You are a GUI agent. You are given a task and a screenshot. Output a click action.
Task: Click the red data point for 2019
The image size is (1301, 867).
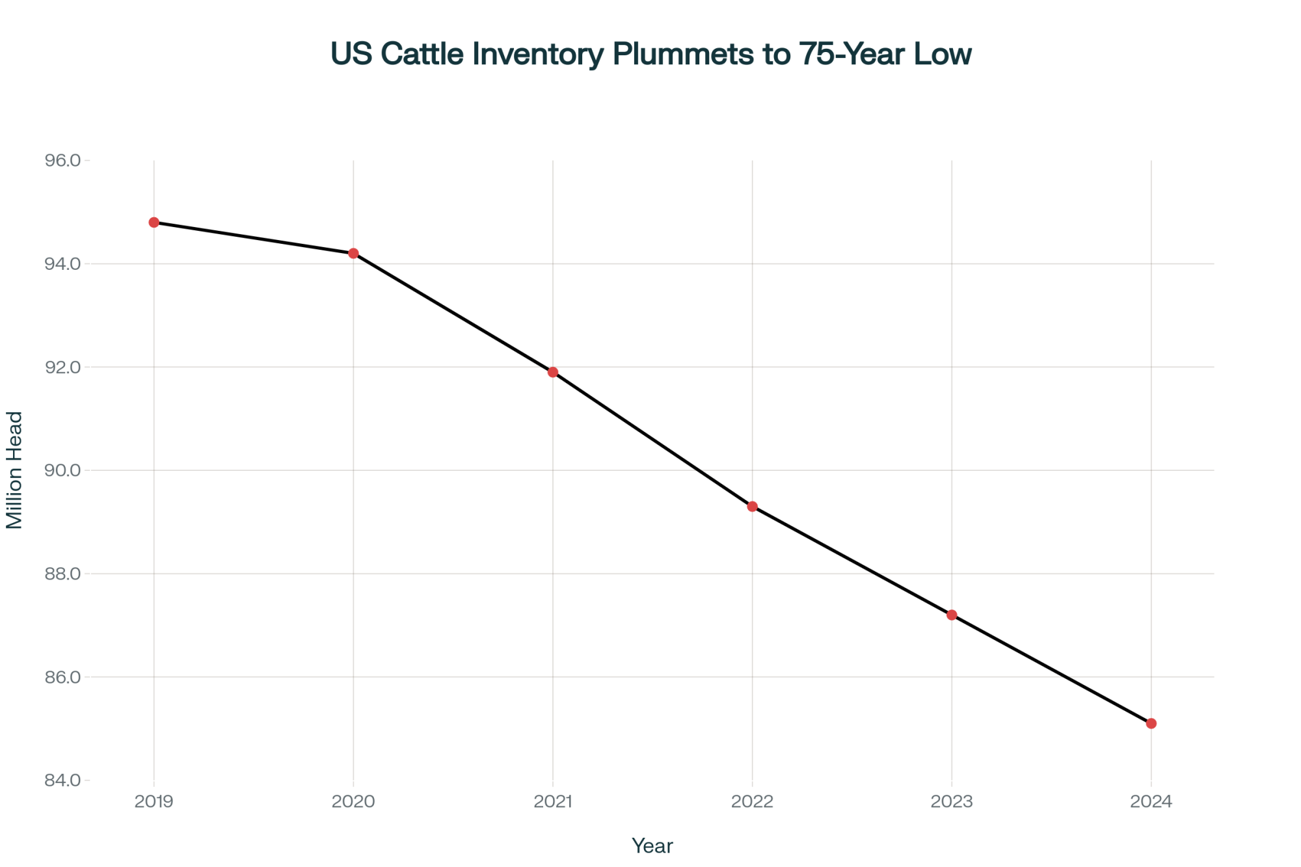coord(154,222)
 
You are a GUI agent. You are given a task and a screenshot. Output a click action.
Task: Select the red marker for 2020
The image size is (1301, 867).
coord(353,253)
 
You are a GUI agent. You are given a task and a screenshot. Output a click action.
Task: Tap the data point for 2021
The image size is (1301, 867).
coord(553,372)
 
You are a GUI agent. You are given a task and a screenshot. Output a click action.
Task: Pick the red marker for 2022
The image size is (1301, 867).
coord(752,507)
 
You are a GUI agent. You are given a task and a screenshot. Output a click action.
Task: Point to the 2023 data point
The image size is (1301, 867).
coord(952,615)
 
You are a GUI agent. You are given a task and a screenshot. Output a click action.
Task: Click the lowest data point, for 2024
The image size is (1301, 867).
coord(1151,723)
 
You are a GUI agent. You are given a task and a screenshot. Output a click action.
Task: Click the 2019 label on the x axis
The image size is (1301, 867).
coord(154,801)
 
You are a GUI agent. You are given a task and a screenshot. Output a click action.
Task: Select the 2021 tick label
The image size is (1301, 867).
coord(553,801)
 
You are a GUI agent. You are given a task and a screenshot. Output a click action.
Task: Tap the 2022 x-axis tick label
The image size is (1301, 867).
coord(752,801)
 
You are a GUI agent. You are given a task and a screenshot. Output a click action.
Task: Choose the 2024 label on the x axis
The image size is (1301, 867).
coord(1151,801)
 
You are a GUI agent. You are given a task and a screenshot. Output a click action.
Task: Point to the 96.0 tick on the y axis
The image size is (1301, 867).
coord(62,161)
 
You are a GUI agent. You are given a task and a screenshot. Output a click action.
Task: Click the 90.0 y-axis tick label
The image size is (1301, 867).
coord(62,470)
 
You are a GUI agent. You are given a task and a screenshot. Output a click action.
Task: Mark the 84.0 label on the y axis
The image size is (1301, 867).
coord(62,780)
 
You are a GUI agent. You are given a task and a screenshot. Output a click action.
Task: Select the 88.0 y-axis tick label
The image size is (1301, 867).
coord(62,574)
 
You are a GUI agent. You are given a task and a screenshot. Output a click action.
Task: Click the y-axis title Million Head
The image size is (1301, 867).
coord(14,470)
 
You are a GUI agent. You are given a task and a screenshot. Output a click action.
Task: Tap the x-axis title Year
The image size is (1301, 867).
coord(652,846)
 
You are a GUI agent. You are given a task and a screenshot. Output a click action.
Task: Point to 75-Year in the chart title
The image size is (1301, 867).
coord(853,53)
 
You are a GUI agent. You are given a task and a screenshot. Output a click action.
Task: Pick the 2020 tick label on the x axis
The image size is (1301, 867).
coord(353,801)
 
